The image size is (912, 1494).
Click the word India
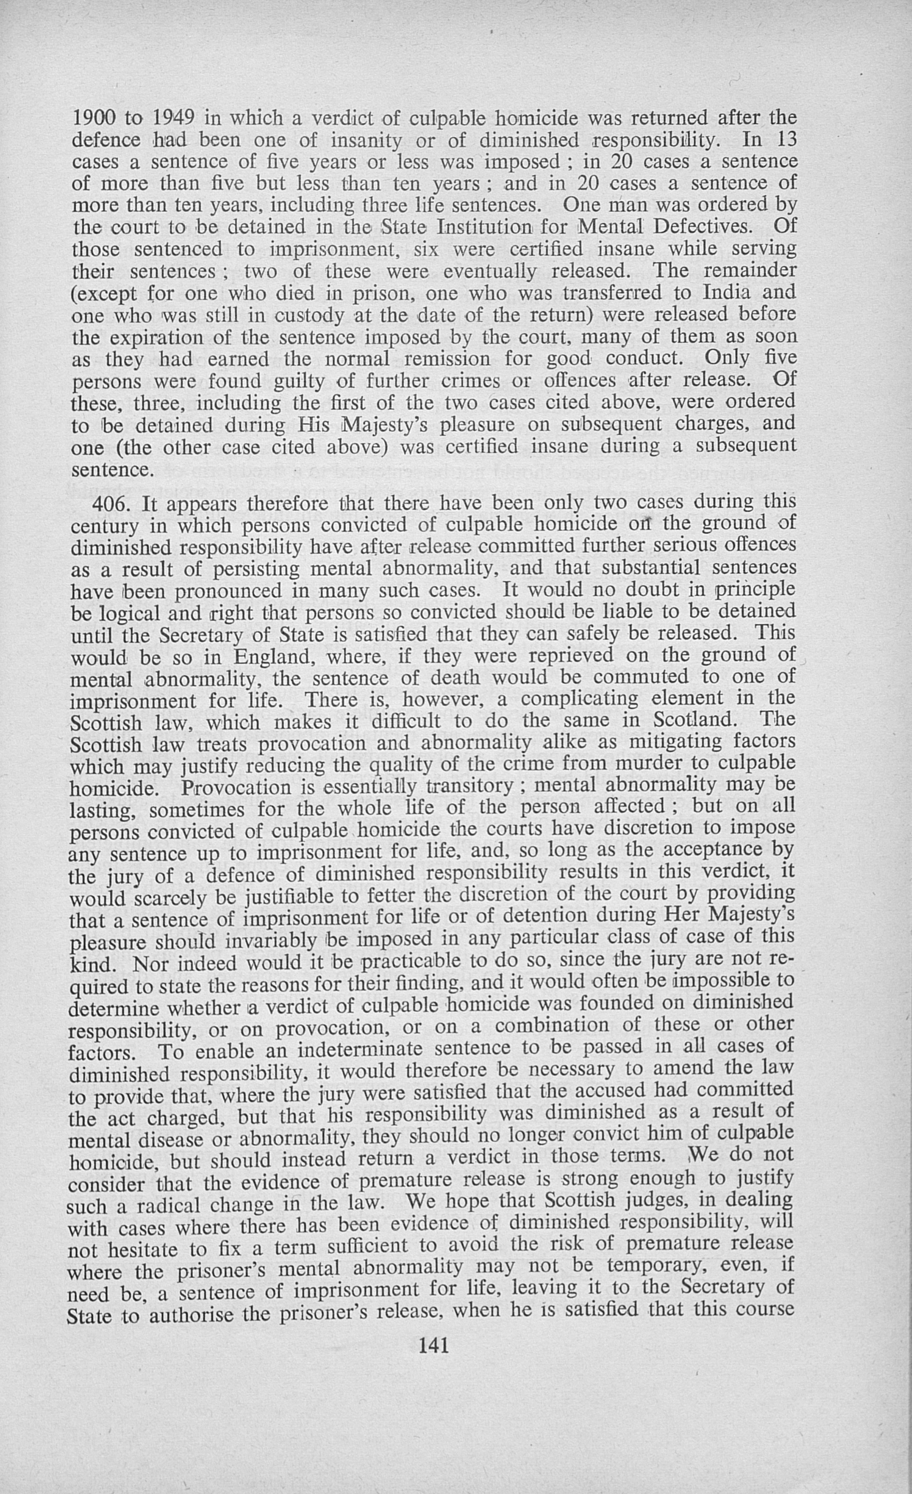(x=726, y=292)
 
